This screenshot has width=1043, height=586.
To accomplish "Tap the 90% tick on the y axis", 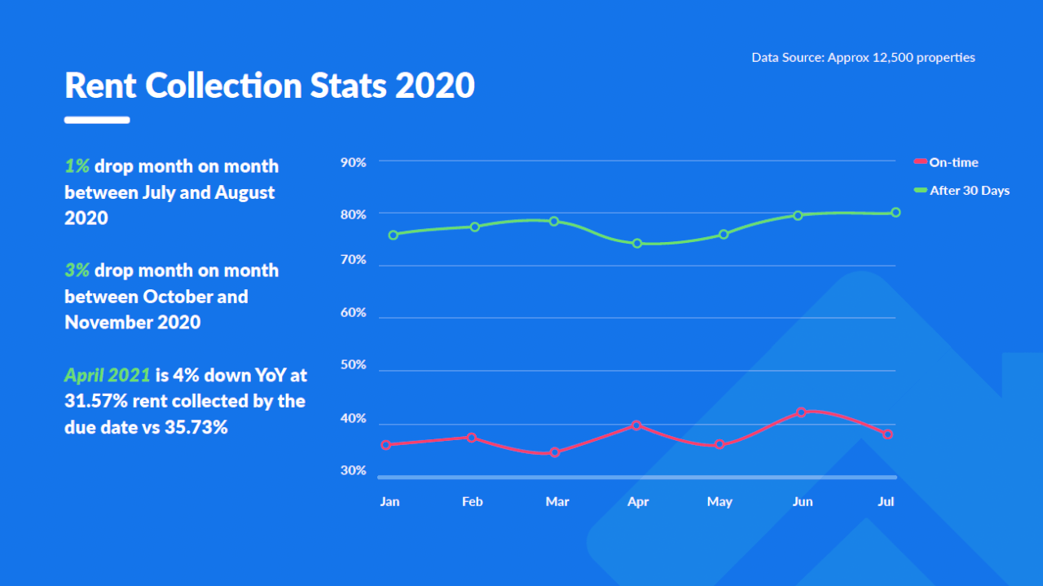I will click(x=353, y=162).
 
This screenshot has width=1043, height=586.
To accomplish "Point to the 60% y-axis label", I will click(x=353, y=313).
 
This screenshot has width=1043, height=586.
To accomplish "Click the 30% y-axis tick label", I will click(x=353, y=470).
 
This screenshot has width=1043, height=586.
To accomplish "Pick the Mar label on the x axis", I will click(x=557, y=501).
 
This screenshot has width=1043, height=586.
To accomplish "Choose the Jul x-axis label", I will click(x=886, y=501).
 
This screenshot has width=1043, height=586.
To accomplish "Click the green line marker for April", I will click(x=637, y=243).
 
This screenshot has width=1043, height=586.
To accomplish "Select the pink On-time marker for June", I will click(x=802, y=412).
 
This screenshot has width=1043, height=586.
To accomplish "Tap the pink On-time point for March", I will click(x=555, y=452).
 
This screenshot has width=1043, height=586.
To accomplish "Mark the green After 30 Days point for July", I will click(x=896, y=212).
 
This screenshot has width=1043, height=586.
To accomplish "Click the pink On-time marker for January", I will click(x=386, y=444).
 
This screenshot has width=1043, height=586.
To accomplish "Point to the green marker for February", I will click(x=475, y=227).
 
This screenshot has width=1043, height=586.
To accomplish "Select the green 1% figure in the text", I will click(x=77, y=166).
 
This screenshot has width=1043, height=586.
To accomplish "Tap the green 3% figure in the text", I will click(x=77, y=271).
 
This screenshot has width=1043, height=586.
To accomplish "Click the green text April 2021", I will click(x=107, y=375).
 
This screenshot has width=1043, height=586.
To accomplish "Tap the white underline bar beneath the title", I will click(x=97, y=120).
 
